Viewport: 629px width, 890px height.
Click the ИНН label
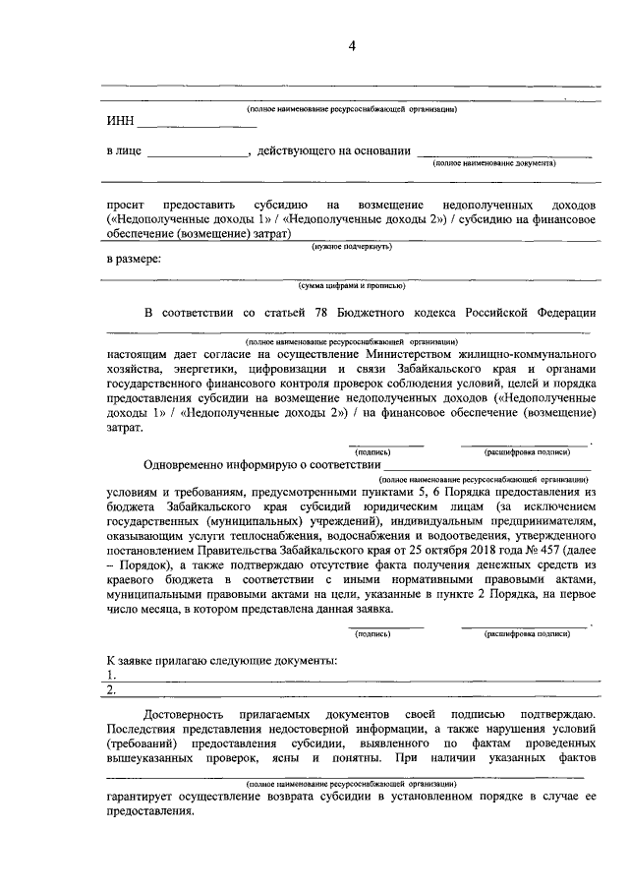119,123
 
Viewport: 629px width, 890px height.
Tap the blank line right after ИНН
182,127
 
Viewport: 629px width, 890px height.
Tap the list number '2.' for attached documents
111,688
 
